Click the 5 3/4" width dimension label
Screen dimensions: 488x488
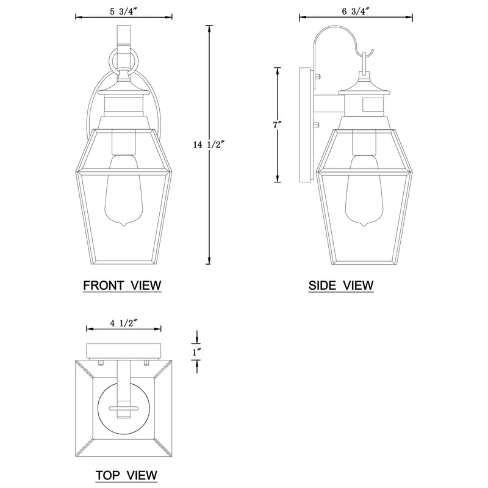point(124,12)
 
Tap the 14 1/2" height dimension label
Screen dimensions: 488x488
point(209,145)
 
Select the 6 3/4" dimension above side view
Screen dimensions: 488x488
point(356,11)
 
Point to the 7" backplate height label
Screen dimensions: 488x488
point(278,125)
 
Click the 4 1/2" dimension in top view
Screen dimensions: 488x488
point(124,323)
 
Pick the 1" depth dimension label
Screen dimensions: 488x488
point(196,352)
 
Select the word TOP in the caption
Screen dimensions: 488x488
point(107,475)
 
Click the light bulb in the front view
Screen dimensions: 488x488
point(124,190)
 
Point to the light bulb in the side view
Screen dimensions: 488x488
point(364,190)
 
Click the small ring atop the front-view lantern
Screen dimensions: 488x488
point(123,61)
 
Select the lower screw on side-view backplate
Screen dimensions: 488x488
point(317,125)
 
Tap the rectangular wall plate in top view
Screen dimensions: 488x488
point(124,351)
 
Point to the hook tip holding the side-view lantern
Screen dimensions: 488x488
point(372,51)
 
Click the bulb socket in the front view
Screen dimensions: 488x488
point(124,142)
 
